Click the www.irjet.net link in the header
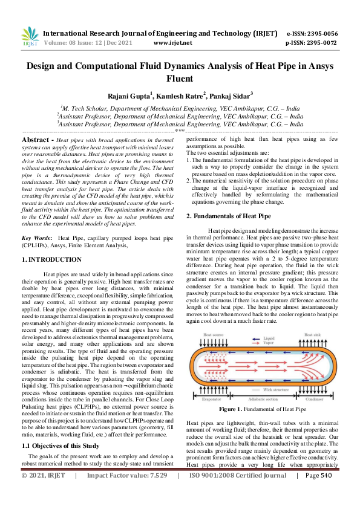pyautogui.click(x=173, y=43)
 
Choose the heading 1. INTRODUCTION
pyautogui.click(x=51, y=259)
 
